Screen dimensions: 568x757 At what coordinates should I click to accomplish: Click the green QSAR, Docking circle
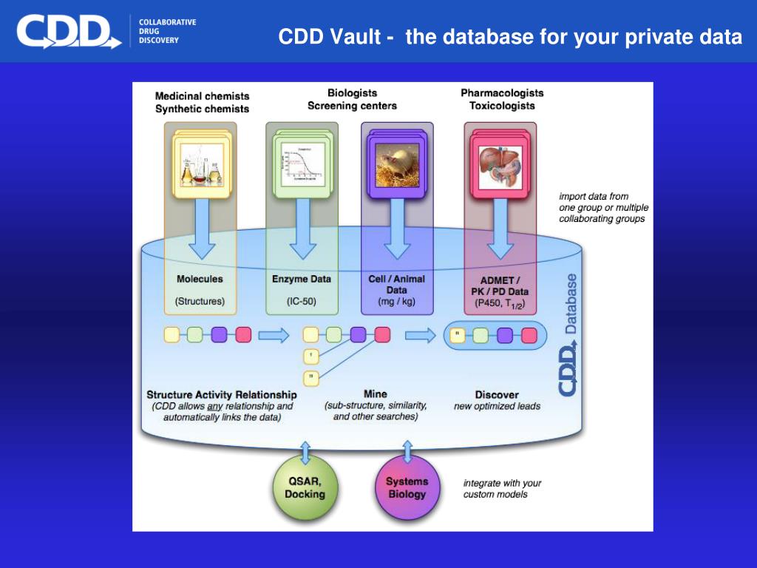pos(305,488)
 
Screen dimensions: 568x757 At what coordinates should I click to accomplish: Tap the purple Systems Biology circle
pos(407,488)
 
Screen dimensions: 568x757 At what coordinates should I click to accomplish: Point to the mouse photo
pos(396,163)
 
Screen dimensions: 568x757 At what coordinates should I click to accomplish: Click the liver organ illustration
pos(500,163)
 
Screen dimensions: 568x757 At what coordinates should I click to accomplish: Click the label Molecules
pos(200,280)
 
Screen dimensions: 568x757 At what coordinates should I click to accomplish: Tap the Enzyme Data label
pos(302,280)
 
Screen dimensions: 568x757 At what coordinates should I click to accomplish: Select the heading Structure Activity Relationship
pos(222,395)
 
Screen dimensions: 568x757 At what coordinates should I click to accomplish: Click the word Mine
pos(375,394)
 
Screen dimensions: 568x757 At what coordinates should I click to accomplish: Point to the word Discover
pos(497,395)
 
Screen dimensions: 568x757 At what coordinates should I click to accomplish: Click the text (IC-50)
pos(302,302)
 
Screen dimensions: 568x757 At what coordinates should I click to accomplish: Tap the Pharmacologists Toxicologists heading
pos(502,99)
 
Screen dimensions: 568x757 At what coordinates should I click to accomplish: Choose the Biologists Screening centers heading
pos(352,99)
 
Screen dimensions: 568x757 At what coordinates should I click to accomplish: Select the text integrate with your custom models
pos(502,488)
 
